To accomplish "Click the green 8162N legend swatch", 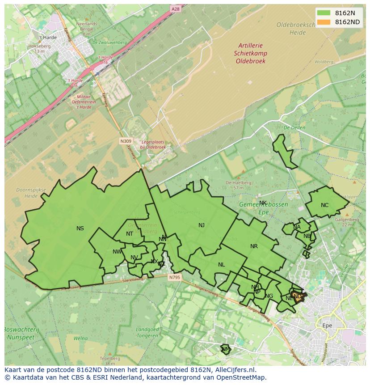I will coord(324,13).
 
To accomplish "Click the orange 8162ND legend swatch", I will coord(324,22).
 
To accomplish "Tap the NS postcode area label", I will coord(80,228).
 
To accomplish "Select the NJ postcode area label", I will coord(202,225).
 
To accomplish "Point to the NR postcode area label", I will coord(254,246).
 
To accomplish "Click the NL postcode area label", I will coord(221,265).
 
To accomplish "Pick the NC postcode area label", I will coord(324,205).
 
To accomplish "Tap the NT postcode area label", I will coord(130,234).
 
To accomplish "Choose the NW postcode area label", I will coord(117,252).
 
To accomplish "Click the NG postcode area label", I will coord(269,296).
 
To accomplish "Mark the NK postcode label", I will coord(263,203).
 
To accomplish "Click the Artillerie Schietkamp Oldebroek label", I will coord(251,53).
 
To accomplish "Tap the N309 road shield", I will coord(126,141).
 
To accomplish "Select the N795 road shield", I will coord(175,278).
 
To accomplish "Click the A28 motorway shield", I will coord(176,8).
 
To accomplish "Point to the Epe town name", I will coord(327,326).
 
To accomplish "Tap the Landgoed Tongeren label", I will coord(147,332).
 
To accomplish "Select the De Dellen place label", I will coord(294,127).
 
